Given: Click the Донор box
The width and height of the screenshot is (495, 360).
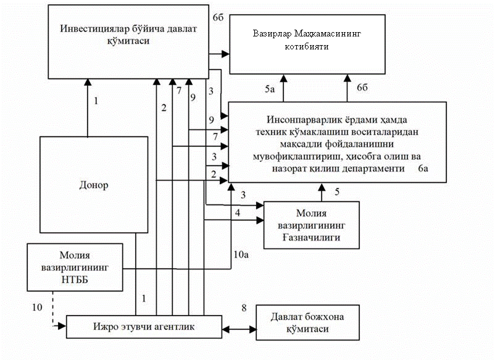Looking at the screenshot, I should click(x=94, y=185).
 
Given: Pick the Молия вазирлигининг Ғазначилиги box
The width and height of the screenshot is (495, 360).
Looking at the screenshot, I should click(x=312, y=225).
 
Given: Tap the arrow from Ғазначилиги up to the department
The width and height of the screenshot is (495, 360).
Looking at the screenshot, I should click(x=321, y=192).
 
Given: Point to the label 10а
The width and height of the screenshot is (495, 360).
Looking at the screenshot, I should click(x=239, y=254).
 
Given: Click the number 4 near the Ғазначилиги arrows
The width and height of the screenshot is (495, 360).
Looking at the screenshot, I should click(x=237, y=214).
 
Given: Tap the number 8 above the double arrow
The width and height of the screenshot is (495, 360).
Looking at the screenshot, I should click(x=244, y=307).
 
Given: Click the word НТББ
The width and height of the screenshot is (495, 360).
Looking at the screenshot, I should click(x=75, y=279).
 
